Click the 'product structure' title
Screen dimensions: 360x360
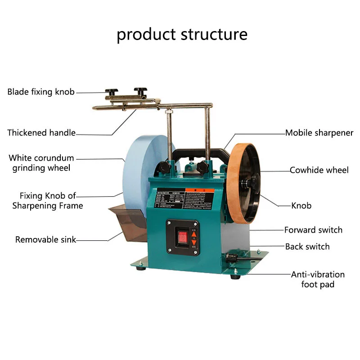[x=182, y=34]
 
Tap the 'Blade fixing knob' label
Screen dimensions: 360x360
[x=40, y=92]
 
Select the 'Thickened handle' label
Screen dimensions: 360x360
[x=41, y=133]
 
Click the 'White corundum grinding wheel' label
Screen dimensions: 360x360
[x=41, y=163]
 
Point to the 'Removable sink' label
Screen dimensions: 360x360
[x=45, y=239]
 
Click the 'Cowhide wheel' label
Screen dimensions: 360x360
[x=319, y=170]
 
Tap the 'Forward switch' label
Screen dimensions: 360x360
[x=313, y=230]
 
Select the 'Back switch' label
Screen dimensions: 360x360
[x=307, y=247]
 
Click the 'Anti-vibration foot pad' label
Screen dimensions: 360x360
[x=318, y=279]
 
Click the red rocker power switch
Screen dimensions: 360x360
[x=182, y=238]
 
